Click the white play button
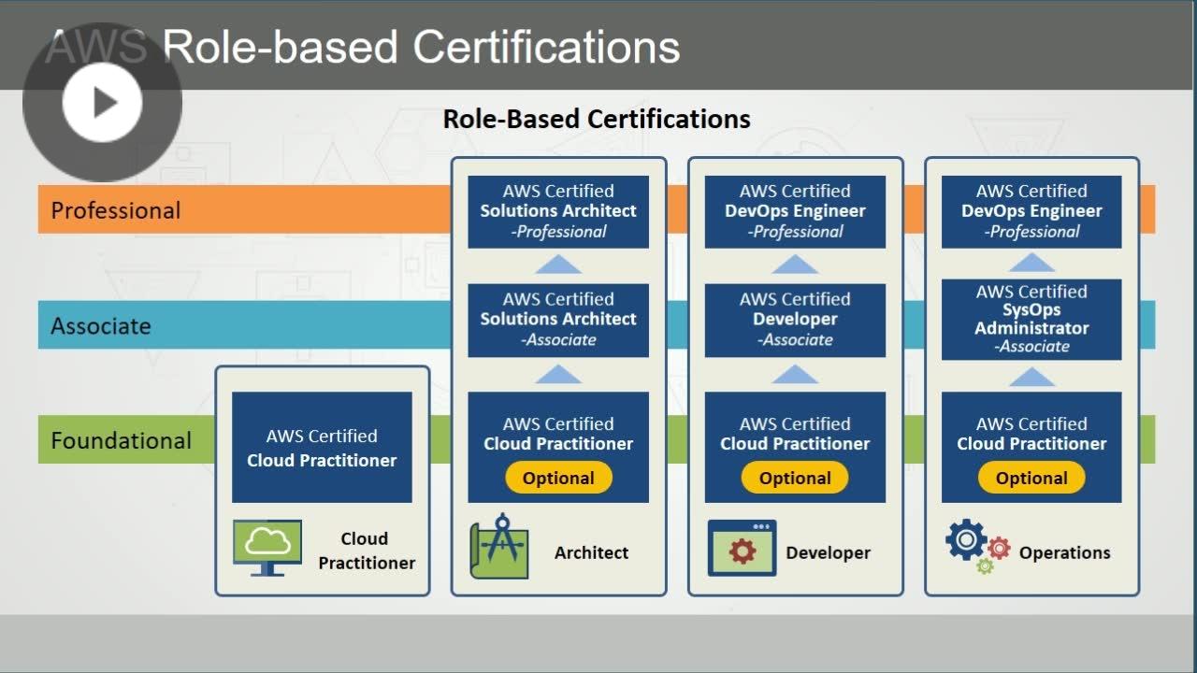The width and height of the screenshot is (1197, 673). pos(102,102)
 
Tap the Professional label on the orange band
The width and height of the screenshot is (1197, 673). pos(115,210)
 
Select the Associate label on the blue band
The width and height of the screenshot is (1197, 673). pos(100,326)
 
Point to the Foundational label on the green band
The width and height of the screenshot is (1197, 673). pos(121,440)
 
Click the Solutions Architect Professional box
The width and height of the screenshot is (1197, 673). pos(558,211)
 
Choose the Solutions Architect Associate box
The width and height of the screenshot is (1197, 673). pos(558,320)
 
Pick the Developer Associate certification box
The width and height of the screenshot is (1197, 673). pos(795,320)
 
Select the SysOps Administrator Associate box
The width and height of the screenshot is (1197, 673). pos(1031,320)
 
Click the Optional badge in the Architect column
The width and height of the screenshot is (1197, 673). pos(558,478)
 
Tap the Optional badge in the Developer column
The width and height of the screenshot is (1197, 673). pos(795,478)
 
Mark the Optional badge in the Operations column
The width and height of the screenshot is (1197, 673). pos(1031,478)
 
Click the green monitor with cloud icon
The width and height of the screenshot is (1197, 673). pos(267,548)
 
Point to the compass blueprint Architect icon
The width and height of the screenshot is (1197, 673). pos(499,547)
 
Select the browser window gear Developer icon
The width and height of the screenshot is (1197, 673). pos(742,548)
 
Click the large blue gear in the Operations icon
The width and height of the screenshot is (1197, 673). pos(966,539)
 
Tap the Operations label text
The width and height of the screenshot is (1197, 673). pos(1064,552)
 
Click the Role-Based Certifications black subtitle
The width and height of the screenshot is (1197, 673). pos(597,119)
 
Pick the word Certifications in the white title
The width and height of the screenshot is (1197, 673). pos(546,47)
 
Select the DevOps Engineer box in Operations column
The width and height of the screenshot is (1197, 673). pos(1031,211)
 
